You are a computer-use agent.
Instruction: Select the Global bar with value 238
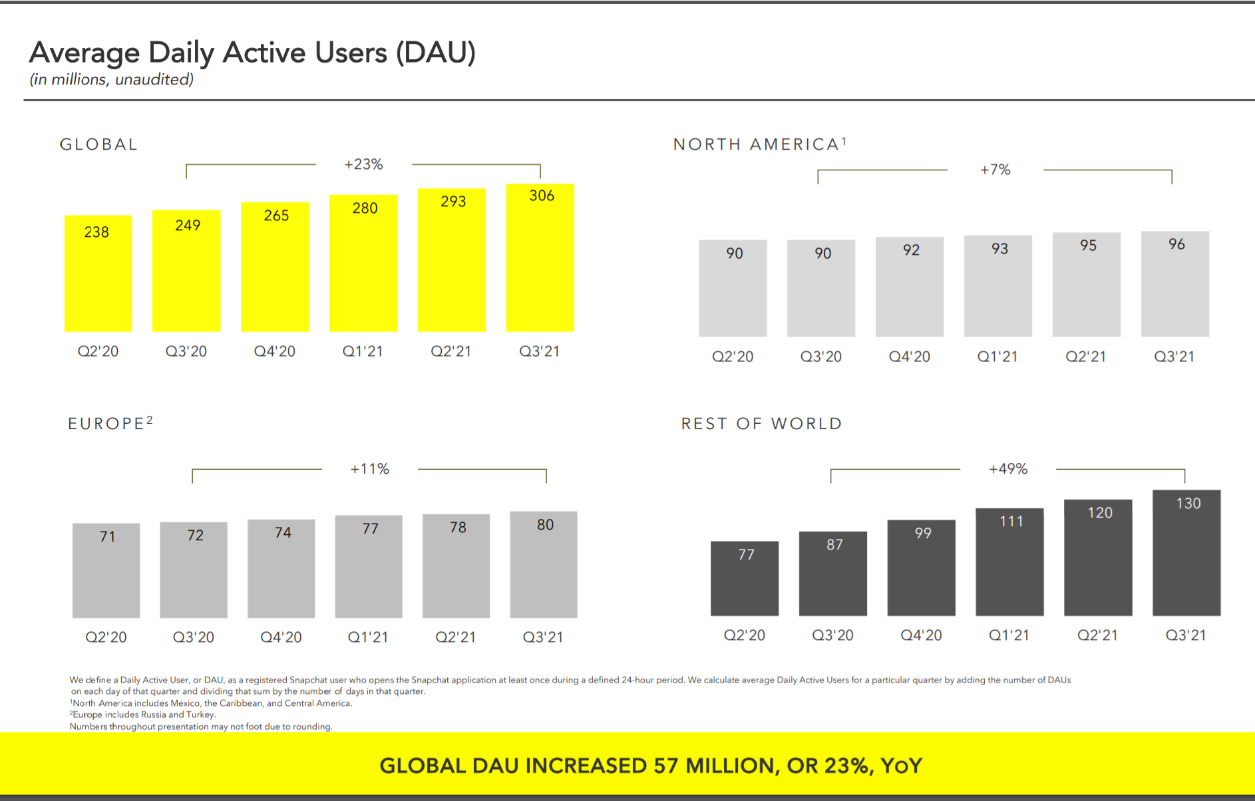[x=98, y=273]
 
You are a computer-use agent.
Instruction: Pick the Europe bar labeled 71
[x=106, y=570]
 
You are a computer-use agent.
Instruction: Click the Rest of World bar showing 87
[x=832, y=573]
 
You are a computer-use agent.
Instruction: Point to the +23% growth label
[x=363, y=164]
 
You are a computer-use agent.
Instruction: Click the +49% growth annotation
[x=1008, y=469]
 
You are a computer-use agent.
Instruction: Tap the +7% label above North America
[x=995, y=170]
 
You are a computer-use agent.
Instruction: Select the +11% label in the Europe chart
[x=370, y=469]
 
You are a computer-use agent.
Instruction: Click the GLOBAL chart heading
[x=98, y=144]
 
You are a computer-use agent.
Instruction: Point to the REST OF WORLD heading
[x=761, y=424]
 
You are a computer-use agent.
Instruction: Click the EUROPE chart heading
[x=106, y=424]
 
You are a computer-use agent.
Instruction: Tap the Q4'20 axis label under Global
[x=274, y=351]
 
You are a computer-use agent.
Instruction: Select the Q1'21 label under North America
[x=997, y=357]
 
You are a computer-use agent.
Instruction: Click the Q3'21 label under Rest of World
[x=1185, y=635]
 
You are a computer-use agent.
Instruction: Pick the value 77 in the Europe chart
[x=370, y=529]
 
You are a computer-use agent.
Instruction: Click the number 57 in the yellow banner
[x=665, y=766]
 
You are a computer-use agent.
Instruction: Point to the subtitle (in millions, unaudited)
[x=111, y=80]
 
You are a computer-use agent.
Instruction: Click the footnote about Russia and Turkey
[x=143, y=715]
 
